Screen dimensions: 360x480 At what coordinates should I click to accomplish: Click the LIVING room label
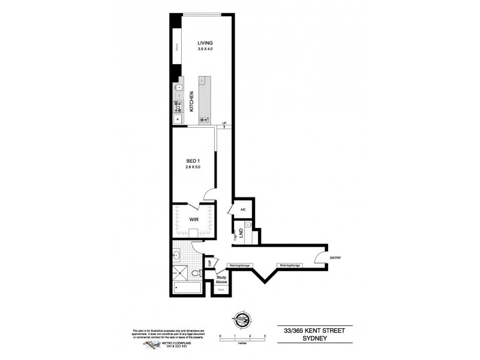point(205,43)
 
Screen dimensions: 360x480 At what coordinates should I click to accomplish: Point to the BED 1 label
point(192,161)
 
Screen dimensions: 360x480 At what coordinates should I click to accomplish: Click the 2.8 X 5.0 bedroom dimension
point(192,167)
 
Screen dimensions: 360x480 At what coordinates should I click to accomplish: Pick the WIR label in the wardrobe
point(194,220)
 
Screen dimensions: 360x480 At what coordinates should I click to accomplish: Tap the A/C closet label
point(243,209)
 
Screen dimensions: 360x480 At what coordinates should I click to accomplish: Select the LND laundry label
point(241,232)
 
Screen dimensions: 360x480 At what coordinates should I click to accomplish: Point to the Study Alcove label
point(221,279)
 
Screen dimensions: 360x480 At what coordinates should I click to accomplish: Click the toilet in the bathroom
point(197,274)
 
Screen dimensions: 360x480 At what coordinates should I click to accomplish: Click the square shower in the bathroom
point(179,273)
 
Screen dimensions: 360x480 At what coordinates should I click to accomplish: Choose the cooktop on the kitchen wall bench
point(178,107)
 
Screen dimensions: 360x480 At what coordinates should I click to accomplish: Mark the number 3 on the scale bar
point(265,336)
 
